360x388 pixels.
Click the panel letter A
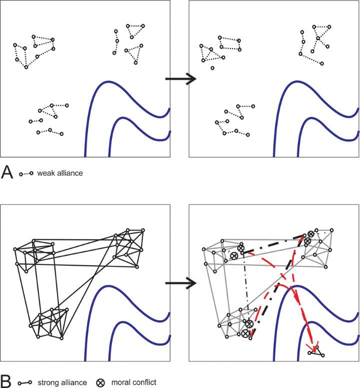point(7,173)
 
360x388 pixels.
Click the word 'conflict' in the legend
point(144,382)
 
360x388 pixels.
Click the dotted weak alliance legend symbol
point(26,174)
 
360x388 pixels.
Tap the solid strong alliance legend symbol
point(25,383)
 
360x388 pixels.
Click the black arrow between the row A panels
point(179,79)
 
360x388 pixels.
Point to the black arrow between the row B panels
point(179,283)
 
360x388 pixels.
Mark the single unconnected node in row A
point(212,68)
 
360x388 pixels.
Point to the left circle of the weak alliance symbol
point(20,174)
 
